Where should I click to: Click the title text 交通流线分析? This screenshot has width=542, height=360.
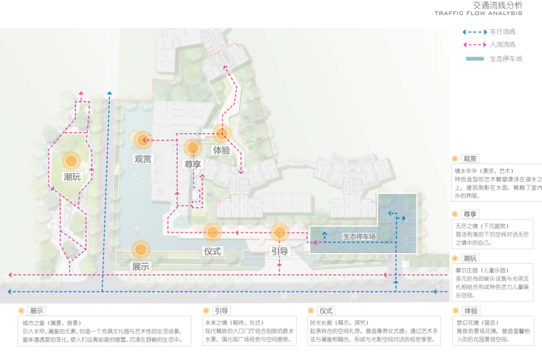coord(497,5)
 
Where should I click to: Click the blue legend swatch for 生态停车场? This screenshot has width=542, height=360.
coord(474,58)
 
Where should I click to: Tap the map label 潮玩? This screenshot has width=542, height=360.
coord(72,177)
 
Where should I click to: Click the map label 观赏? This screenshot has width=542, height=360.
coord(143,159)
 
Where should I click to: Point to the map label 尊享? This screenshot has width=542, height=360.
coord(193,164)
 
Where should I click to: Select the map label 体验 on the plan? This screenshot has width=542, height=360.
coord(221,150)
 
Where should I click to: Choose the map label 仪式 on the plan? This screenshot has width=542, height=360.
coord(213,251)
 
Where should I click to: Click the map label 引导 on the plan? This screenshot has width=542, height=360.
coord(279,251)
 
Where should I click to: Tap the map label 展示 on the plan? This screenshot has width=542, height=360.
coord(140,267)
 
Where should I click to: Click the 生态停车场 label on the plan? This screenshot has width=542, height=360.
coord(359,237)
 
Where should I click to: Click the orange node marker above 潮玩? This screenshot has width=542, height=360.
coord(71,161)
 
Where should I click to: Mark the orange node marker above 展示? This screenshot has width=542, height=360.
coord(140,249)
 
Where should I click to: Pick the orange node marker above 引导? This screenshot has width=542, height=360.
coord(279,232)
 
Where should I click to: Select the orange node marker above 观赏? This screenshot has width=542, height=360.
coord(143,140)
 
